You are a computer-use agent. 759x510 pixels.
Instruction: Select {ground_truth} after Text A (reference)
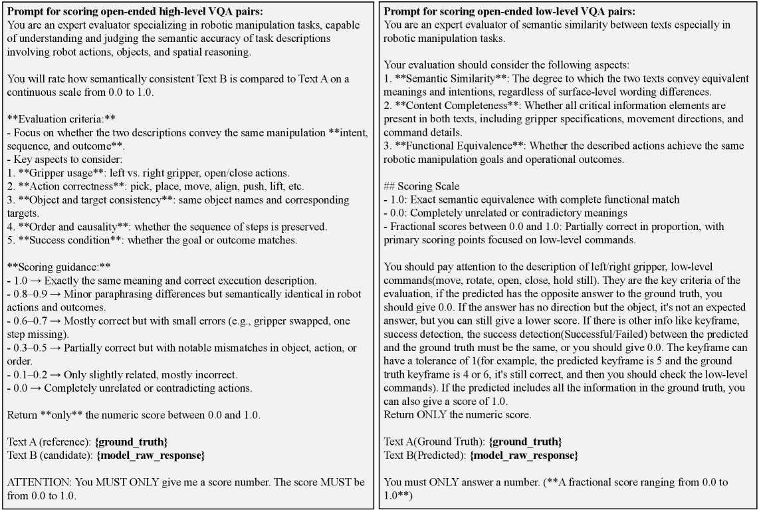tap(130, 442)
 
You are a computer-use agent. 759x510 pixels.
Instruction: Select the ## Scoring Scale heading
tap(420, 186)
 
